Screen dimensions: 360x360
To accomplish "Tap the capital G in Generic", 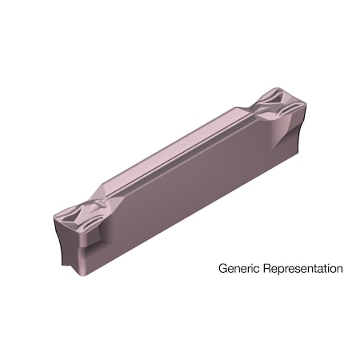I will tap(222, 269).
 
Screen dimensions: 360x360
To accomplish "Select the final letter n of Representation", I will tap(339, 269).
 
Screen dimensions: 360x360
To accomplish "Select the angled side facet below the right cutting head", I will tap(284, 136).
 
